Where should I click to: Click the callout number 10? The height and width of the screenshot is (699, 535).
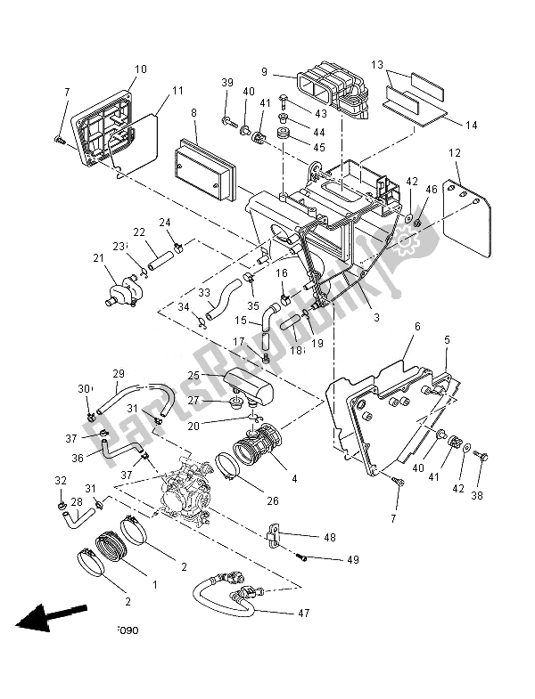(141, 69)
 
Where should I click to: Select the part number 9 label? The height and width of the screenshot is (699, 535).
(265, 72)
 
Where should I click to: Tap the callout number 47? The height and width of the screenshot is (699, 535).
(305, 614)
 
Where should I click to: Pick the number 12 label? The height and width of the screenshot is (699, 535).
(455, 154)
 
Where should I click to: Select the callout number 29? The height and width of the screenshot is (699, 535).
(118, 374)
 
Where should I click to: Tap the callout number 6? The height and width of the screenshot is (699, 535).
(416, 327)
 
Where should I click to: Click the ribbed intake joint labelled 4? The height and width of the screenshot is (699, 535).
(258, 443)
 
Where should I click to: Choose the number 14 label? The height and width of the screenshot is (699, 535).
(471, 126)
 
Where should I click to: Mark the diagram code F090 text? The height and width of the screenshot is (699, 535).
(128, 630)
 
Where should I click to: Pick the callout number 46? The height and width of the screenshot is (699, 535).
(432, 190)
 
